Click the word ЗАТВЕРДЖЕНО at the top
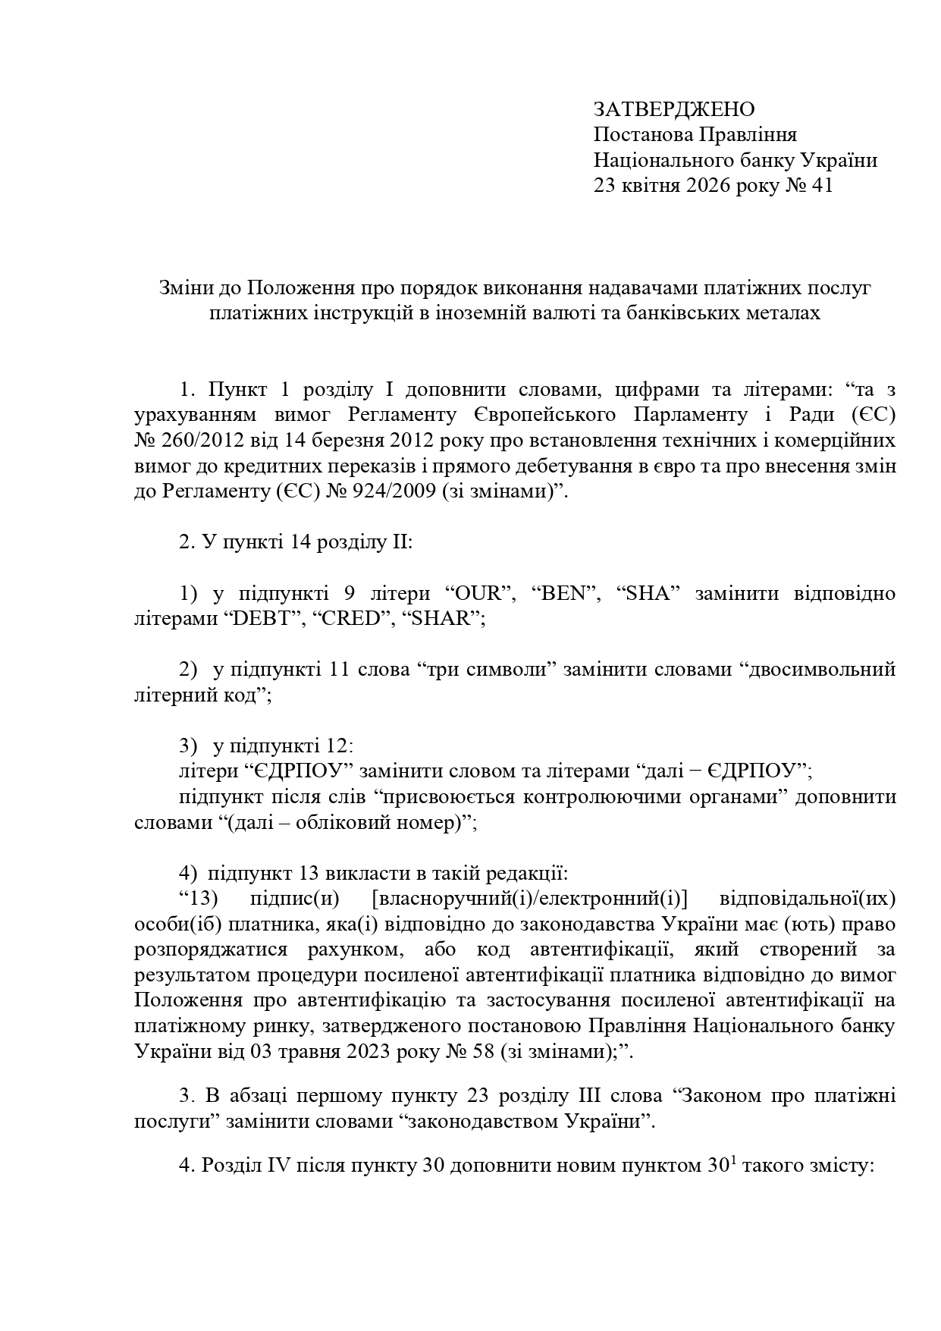coord(673,110)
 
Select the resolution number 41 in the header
coord(822,185)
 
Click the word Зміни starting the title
coord(185,288)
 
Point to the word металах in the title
coord(785,313)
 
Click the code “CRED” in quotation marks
coord(349,619)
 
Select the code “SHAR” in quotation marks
coord(444,619)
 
